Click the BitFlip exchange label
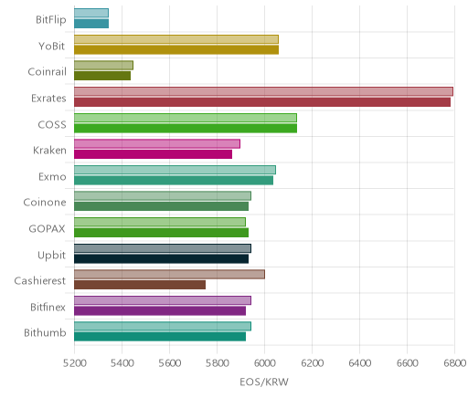(x=51, y=20)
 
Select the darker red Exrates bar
(x=262, y=102)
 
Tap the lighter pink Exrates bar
(x=263, y=91)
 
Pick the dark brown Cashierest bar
(x=140, y=285)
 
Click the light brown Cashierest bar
(x=169, y=274)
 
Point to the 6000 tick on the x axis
(x=264, y=363)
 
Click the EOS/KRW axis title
(x=264, y=382)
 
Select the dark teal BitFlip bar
(x=91, y=24)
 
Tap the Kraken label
(x=49, y=151)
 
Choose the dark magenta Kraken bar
(x=153, y=154)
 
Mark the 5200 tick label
(x=75, y=363)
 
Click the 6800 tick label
(x=454, y=363)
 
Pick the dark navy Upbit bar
(x=161, y=259)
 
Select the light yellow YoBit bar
(x=176, y=39)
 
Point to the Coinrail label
(x=47, y=72)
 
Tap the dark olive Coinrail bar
(x=102, y=76)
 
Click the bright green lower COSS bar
(x=186, y=128)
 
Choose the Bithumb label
(x=45, y=332)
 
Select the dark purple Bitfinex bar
(x=160, y=311)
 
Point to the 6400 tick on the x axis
(x=359, y=363)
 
